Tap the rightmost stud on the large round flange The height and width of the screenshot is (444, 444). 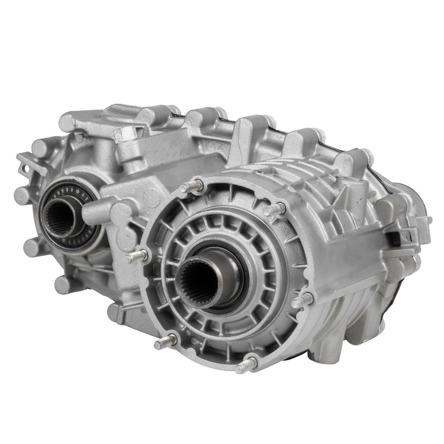tap(302, 300)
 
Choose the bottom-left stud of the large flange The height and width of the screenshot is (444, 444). tap(163, 343)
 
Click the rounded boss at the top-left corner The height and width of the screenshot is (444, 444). tap(67, 123)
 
